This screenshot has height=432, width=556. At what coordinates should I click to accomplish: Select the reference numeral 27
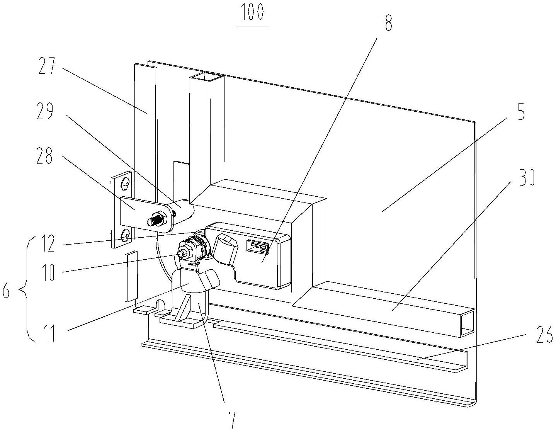[x=47, y=66]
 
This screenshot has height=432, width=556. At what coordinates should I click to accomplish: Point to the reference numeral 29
[x=45, y=111]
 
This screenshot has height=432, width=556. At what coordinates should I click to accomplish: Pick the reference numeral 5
[x=519, y=112]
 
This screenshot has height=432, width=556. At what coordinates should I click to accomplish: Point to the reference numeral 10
[x=49, y=272]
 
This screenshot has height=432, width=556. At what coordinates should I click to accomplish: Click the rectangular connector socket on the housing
[x=257, y=247]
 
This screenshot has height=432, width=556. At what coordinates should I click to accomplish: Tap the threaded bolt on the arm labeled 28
[x=156, y=219]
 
